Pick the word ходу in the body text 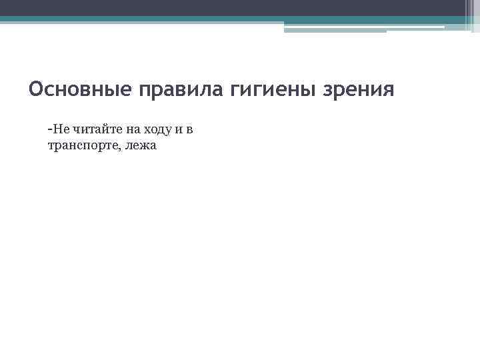coord(157,130)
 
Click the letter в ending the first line coord(189,130)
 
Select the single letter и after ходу coord(179,130)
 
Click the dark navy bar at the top coord(233,7)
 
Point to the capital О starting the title coord(36,89)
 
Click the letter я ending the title coord(389,90)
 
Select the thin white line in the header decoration coord(363,27)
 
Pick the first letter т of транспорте coord(51,146)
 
